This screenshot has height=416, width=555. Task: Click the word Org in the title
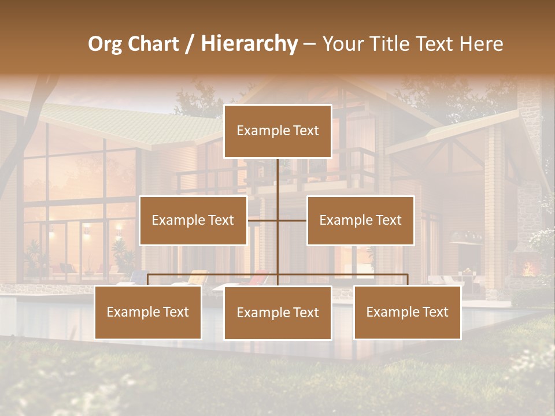pos(105,44)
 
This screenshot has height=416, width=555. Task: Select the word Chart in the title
pos(151,44)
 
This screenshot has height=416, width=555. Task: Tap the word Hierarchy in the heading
pos(249,44)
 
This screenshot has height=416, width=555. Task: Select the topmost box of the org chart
pos(277,131)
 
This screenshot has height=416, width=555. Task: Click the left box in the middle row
pos(193,220)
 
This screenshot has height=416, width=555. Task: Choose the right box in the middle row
pos(360,220)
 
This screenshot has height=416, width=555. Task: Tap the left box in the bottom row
pos(148,313)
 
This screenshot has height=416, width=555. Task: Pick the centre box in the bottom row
pos(277,313)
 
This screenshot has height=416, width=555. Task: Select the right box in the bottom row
pos(407,313)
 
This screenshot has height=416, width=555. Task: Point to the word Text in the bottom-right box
pos(434,312)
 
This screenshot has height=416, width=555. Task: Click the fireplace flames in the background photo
pos(527,269)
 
